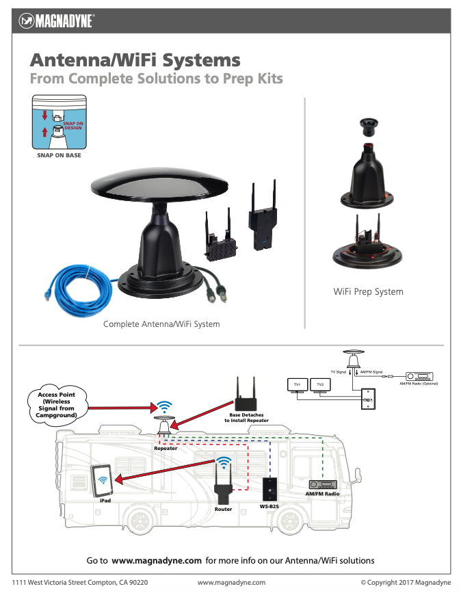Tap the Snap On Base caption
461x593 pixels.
[59, 155]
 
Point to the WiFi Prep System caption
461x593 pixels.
[368, 291]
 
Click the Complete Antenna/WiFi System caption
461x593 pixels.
[161, 324]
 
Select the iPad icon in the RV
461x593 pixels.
[103, 482]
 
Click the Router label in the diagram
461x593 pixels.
[223, 509]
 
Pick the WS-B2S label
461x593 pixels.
[269, 507]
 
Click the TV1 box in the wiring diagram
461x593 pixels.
[298, 385]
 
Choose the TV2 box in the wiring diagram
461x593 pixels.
[320, 385]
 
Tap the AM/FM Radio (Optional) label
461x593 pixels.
[418, 384]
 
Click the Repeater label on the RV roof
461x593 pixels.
[166, 448]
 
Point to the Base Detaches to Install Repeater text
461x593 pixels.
[246, 417]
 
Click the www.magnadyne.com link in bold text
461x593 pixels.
[157, 560]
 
